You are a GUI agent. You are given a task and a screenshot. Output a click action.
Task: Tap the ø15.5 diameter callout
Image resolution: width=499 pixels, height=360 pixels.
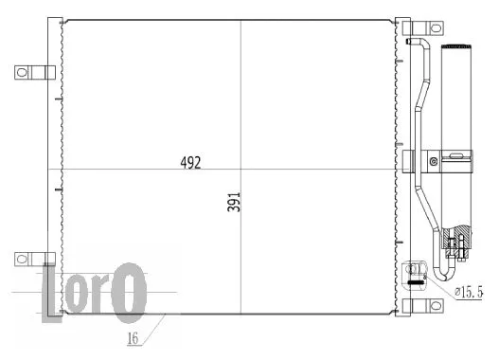coord(468,293)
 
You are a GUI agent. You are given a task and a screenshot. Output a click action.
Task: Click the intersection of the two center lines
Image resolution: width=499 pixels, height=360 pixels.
coord(241,166)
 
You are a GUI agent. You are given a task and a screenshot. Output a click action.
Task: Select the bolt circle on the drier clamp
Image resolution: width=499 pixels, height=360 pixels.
coord(434,162)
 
